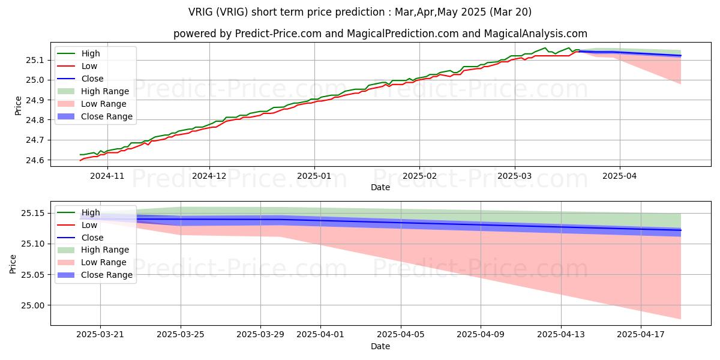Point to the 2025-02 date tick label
pos(419,176)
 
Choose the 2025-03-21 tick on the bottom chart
pos(101,335)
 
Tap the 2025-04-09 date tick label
pos(481,335)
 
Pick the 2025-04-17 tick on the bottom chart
pos(641,335)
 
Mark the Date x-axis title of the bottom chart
pos(380,346)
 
